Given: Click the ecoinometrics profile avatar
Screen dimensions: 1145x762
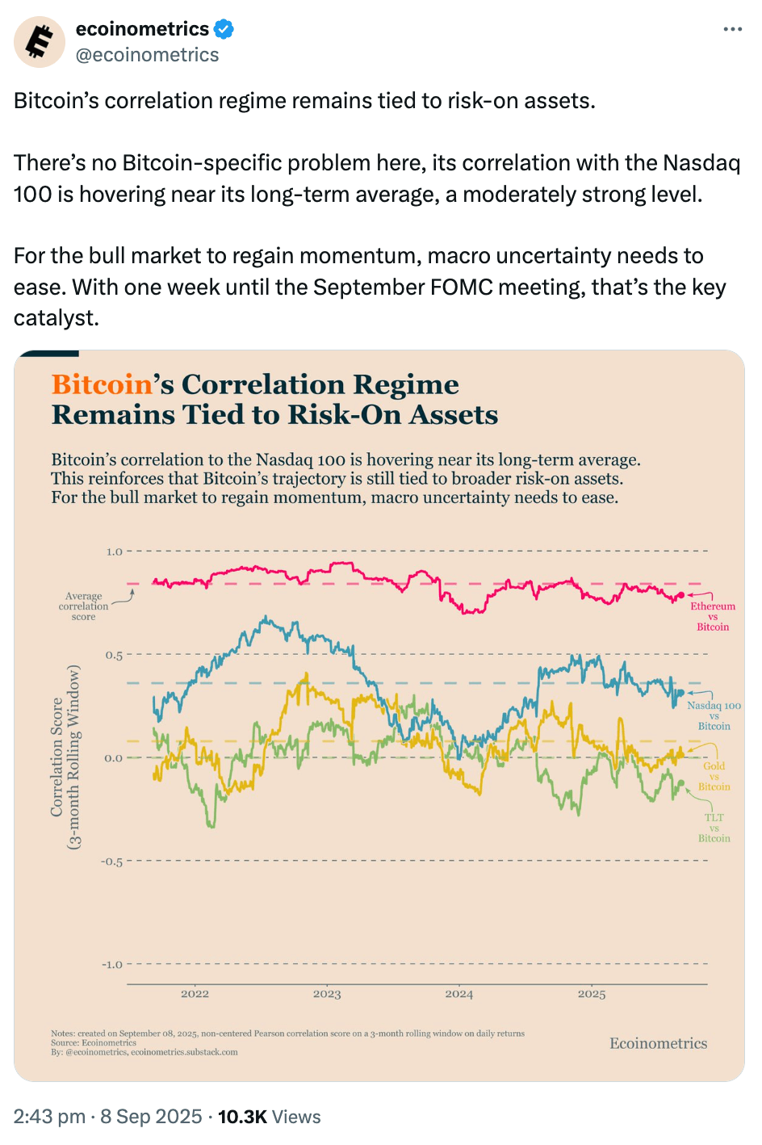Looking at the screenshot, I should click(40, 41).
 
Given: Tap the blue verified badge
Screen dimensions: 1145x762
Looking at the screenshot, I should click(224, 30).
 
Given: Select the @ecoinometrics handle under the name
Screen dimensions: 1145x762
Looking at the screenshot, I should click(147, 55).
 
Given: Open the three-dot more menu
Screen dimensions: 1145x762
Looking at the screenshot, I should click(732, 30).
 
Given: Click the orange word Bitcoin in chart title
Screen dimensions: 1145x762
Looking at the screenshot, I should click(102, 384).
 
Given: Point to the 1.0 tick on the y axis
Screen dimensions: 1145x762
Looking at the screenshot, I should click(114, 552).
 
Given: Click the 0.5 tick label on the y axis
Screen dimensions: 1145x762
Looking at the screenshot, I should click(114, 655).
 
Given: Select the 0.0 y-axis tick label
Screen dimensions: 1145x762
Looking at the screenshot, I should click(114, 758).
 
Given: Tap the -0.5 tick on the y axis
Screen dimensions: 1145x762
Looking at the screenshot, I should click(112, 862).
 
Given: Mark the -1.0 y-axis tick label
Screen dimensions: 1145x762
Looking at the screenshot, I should click(112, 965).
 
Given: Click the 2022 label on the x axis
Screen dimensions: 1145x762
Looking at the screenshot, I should click(195, 994).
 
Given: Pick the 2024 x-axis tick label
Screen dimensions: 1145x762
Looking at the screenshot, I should click(459, 994).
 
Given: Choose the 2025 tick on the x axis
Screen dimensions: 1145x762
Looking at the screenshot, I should click(592, 994).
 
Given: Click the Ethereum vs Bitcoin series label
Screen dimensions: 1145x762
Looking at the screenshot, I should click(713, 616).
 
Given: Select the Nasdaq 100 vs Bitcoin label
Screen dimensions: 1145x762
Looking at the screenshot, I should click(714, 715).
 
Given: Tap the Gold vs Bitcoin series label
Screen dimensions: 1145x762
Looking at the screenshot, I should click(714, 776).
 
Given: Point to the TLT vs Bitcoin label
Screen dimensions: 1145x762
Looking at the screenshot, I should click(714, 828).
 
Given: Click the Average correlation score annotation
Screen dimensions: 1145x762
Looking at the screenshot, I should click(83, 606).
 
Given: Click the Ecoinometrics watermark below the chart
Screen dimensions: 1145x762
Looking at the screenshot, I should click(658, 1043).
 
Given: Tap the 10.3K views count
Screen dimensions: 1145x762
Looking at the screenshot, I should click(242, 1117).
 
